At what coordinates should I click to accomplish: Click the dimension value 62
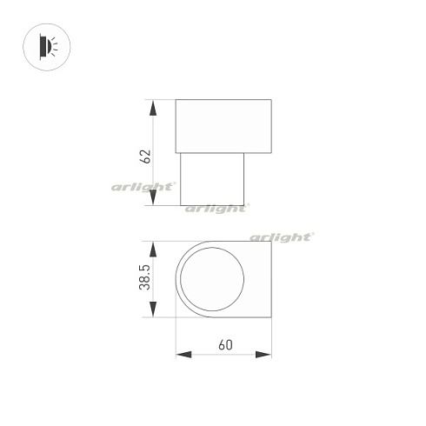[146, 156]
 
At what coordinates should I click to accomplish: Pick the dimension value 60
[225, 345]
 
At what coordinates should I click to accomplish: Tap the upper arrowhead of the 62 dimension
[154, 108]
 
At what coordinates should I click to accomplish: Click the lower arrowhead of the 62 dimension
[154, 198]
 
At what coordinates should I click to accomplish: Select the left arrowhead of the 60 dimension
[183, 354]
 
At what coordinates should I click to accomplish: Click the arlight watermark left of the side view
[143, 186]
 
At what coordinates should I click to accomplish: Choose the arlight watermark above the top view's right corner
[282, 236]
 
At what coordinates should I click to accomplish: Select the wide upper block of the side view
[223, 127]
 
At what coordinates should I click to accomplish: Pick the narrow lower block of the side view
[212, 179]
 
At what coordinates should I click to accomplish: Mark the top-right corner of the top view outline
[270, 241]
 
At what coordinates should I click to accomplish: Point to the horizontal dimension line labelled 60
[223, 355]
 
